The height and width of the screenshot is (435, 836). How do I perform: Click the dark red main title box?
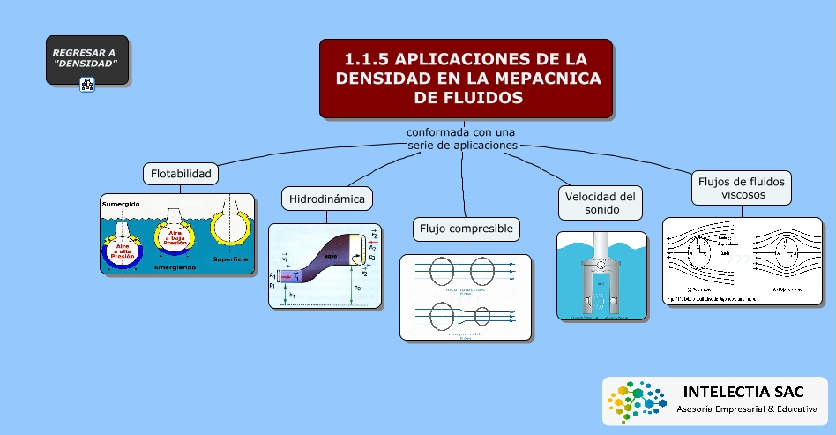466,79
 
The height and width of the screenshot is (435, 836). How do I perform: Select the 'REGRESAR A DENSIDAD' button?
86,59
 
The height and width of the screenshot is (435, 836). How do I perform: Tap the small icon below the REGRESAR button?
87,85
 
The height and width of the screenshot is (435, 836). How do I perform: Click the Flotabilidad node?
181,173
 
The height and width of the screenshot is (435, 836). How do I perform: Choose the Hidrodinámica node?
326,199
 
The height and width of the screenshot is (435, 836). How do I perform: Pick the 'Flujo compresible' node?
467,229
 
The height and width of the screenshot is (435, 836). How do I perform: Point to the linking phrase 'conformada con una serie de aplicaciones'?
461,139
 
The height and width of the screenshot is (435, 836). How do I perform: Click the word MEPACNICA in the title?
543,79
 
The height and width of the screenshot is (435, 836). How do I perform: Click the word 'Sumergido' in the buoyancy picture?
120,205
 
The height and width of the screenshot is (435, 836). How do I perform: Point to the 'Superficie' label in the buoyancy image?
229,259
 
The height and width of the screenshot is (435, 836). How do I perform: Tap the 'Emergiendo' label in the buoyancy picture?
175,266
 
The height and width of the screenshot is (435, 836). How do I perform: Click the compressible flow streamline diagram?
466,297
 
